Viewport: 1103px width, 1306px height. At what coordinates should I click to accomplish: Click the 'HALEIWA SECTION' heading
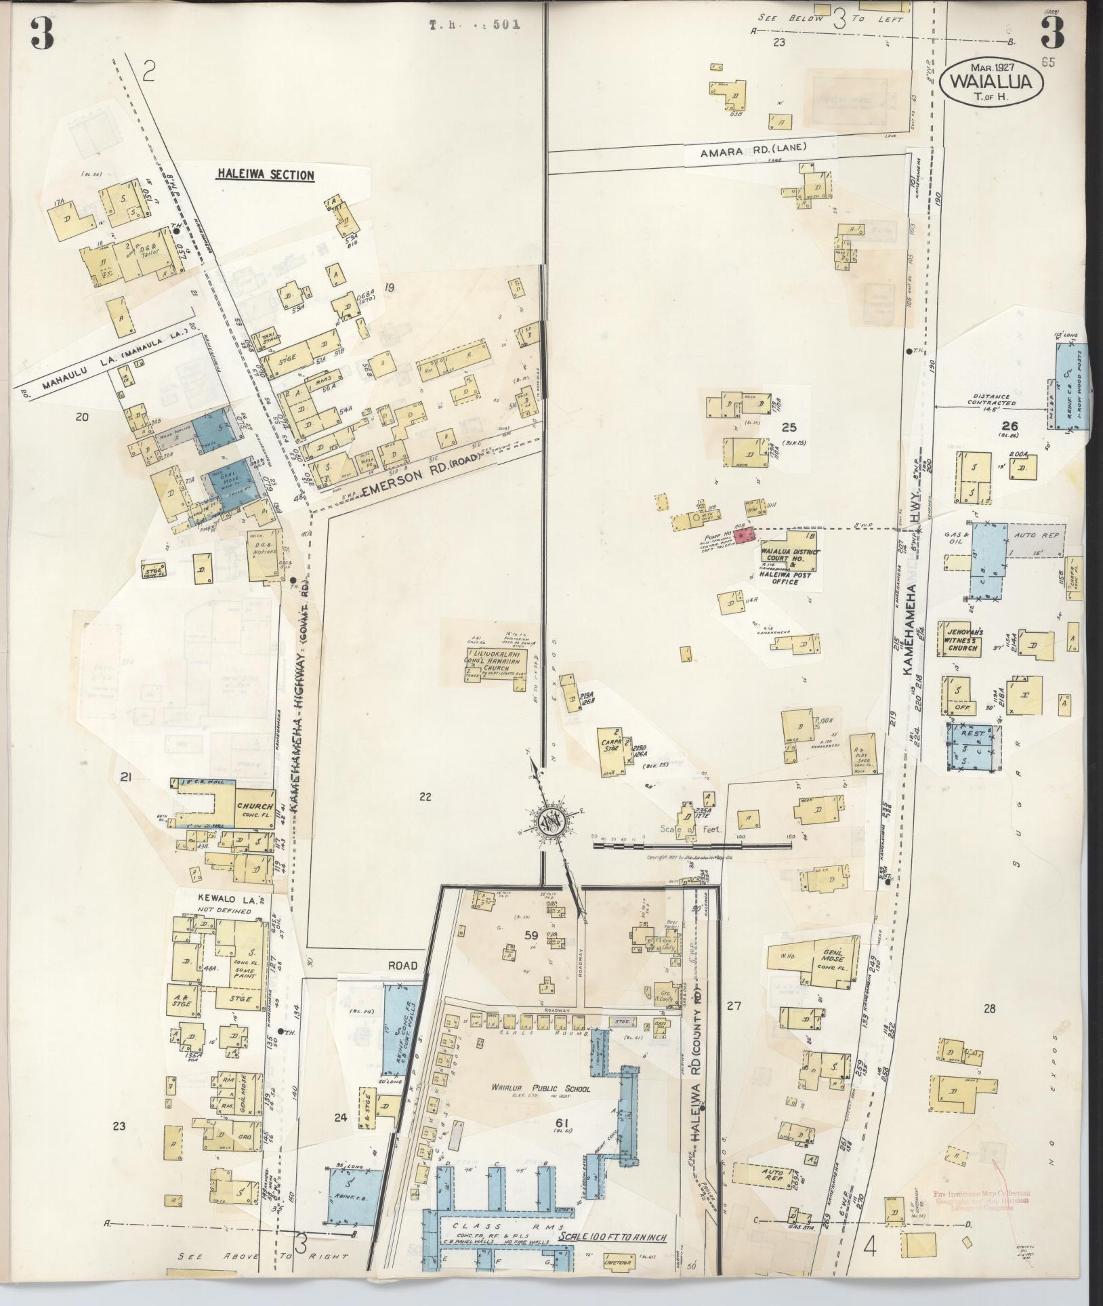point(265,176)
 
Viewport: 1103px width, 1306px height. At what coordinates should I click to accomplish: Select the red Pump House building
point(746,536)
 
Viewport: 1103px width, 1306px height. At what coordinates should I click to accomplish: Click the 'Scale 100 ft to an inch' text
point(612,1238)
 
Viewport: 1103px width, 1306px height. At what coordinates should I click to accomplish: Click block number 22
point(425,797)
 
